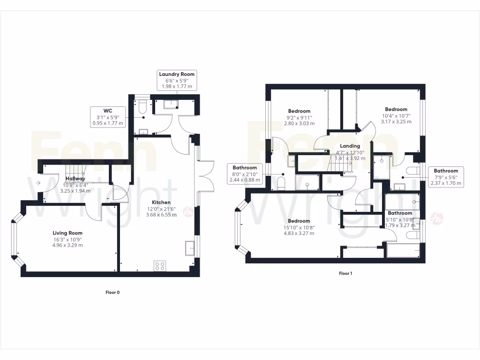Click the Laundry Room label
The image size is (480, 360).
point(177,74)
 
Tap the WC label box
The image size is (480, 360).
point(108,111)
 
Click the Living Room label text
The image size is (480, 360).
point(67,233)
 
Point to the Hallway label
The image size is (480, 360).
point(75,179)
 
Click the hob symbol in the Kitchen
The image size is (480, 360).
point(159,266)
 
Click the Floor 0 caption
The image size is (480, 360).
point(112,292)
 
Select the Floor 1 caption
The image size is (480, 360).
point(345,273)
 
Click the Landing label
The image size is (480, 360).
point(350,146)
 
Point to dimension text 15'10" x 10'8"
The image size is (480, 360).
point(299,227)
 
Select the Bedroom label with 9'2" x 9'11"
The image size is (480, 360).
point(299,111)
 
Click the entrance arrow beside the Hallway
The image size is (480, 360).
point(37,183)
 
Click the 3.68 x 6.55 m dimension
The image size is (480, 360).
point(161,215)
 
